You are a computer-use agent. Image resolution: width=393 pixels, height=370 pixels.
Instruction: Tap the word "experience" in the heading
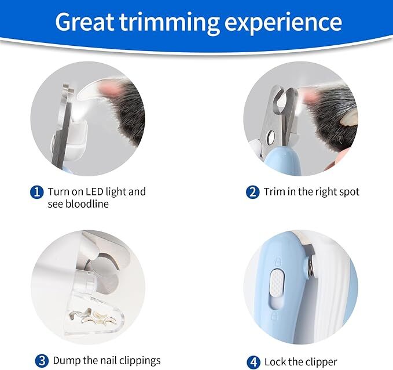(x=284, y=23)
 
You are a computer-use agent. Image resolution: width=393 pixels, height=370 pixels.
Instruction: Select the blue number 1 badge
(x=37, y=192)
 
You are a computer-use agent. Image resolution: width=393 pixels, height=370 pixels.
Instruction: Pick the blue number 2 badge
(x=252, y=192)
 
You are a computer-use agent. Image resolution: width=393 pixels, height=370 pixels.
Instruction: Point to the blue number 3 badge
(x=41, y=361)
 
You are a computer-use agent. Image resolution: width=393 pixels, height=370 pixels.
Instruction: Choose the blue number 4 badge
(x=253, y=362)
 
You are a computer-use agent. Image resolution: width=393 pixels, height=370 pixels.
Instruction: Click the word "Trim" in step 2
(x=275, y=191)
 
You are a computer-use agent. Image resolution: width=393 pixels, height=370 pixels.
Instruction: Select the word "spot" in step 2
(x=347, y=191)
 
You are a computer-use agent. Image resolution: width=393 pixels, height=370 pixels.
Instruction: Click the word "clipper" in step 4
(x=317, y=362)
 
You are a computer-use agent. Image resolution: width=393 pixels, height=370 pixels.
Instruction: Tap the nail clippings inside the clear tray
(x=93, y=314)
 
